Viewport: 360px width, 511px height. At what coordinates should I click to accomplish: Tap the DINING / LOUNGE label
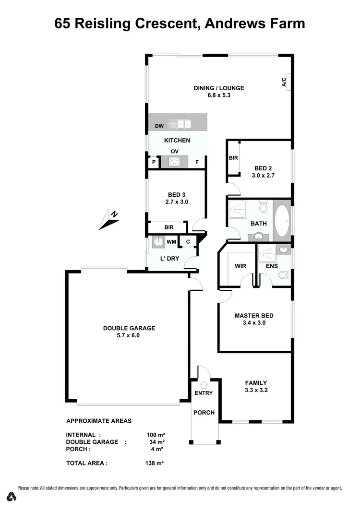[219, 88]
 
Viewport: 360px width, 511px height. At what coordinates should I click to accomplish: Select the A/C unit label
[284, 82]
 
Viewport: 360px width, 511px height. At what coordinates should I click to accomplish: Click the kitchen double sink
[180, 124]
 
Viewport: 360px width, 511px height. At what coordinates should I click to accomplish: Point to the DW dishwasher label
[159, 126]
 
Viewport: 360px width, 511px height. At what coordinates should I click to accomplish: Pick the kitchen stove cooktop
[174, 162]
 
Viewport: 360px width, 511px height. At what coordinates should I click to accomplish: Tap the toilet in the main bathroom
[263, 207]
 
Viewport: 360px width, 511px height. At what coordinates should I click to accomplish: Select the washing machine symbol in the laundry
[158, 242]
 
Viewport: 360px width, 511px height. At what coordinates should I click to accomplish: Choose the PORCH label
[204, 413]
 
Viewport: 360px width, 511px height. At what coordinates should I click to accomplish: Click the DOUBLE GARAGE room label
[129, 328]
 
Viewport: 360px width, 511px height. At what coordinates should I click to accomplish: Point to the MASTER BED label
[254, 315]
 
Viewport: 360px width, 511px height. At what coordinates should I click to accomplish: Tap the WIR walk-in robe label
[240, 265]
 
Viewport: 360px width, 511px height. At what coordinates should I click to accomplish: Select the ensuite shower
[266, 252]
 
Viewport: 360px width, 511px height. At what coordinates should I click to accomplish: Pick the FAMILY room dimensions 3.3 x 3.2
[256, 390]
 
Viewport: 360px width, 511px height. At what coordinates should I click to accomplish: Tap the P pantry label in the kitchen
[154, 162]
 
